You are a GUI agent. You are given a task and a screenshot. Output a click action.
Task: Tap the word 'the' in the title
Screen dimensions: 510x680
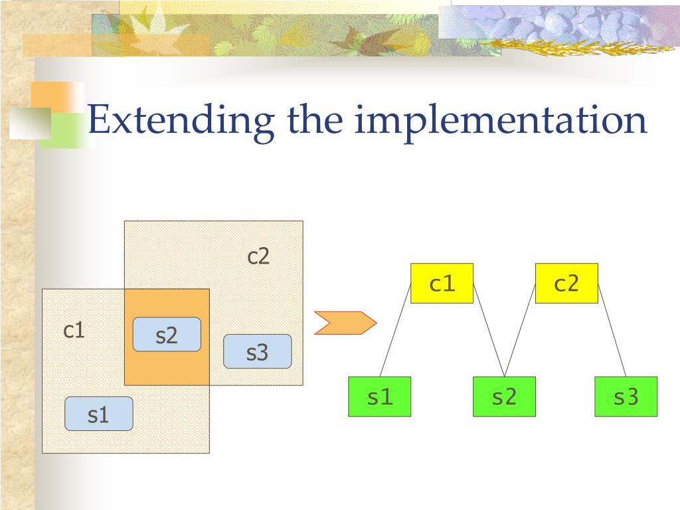point(315,120)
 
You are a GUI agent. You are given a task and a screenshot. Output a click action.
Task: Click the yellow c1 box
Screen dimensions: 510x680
point(442,284)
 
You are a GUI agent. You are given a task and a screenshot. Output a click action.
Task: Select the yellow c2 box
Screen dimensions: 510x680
point(566,284)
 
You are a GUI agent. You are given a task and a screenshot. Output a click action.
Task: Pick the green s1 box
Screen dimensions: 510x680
point(380,396)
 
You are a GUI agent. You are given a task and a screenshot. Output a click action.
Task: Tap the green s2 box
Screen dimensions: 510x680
point(504,396)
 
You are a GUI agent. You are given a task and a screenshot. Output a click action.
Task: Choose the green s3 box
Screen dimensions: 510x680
point(626,396)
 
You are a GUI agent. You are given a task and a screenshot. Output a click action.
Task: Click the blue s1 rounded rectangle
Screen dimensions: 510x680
point(98,414)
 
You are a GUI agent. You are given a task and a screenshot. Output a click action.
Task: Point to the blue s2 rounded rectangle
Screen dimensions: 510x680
point(167,335)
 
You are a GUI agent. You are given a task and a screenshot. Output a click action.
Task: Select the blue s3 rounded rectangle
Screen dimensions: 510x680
point(257,351)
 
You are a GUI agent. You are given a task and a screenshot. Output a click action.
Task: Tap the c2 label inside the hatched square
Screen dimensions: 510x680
point(258,256)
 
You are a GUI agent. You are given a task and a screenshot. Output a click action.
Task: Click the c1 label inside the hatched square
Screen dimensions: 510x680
point(74,330)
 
